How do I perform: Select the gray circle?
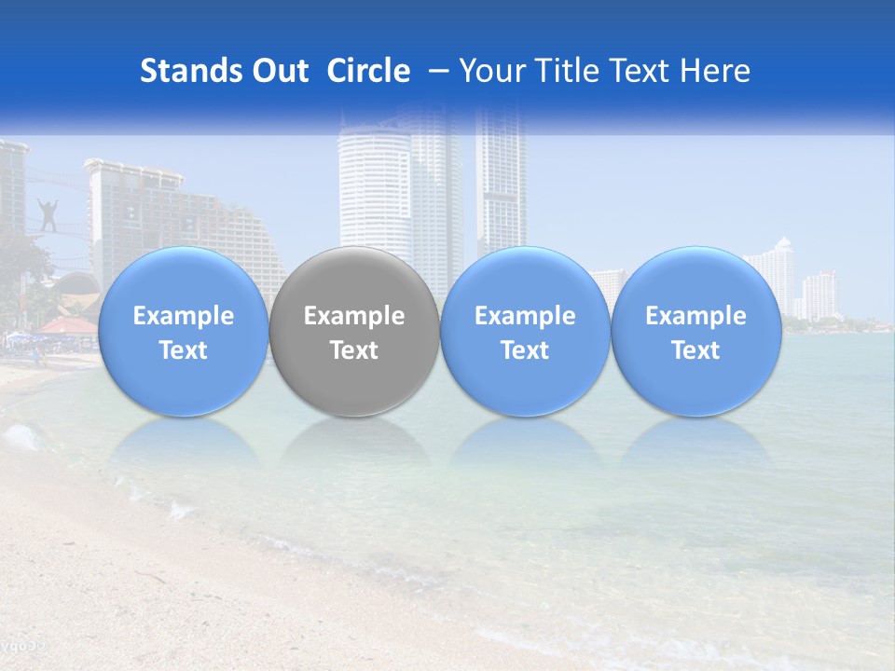[x=354, y=331]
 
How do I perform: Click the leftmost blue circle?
[x=183, y=331]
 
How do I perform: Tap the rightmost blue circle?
[x=696, y=331]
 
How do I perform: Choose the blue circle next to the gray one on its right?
[x=525, y=331]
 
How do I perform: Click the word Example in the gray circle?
[x=354, y=316]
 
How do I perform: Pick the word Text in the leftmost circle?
[x=183, y=350]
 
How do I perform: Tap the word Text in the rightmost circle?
[x=696, y=350]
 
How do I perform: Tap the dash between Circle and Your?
[x=435, y=71]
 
